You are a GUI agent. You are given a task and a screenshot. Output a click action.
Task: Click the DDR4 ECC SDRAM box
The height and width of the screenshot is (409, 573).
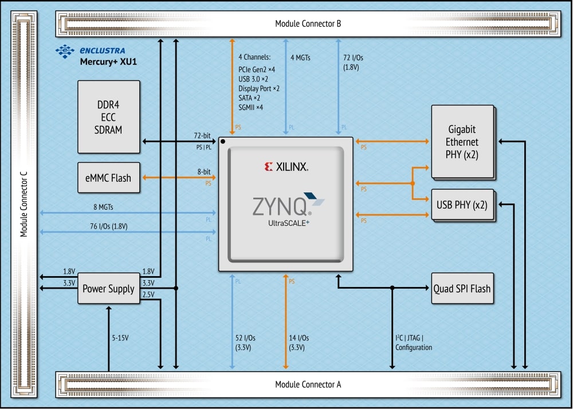pyautogui.click(x=108, y=117)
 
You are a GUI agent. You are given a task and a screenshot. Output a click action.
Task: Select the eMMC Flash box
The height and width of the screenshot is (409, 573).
pyautogui.click(x=108, y=178)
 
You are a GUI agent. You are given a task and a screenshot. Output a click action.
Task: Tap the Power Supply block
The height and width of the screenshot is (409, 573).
pyautogui.click(x=108, y=289)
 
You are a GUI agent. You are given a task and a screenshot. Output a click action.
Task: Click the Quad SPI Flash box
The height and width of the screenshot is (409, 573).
pyautogui.click(x=462, y=289)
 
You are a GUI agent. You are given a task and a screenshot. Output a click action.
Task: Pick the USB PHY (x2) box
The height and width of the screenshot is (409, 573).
pyautogui.click(x=461, y=204)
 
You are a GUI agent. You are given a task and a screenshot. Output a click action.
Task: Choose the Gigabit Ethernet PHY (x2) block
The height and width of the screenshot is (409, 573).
pyautogui.click(x=462, y=141)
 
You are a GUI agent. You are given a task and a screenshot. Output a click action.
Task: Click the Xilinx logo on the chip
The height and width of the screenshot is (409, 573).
pyautogui.click(x=286, y=167)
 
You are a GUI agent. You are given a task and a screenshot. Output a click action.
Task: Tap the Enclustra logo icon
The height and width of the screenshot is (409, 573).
pyautogui.click(x=65, y=51)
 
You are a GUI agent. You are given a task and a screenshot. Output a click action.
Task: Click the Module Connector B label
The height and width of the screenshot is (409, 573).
pyautogui.click(x=308, y=23)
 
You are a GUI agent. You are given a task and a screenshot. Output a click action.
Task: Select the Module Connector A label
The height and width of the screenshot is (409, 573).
pyautogui.click(x=308, y=384)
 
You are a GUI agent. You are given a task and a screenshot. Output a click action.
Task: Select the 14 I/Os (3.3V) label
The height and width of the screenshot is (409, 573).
pyautogui.click(x=300, y=343)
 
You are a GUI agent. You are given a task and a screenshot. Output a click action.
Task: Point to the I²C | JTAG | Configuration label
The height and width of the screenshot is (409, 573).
pyautogui.click(x=413, y=343)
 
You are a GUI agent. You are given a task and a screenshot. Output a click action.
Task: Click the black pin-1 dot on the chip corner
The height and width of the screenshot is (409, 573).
pyautogui.click(x=223, y=141)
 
